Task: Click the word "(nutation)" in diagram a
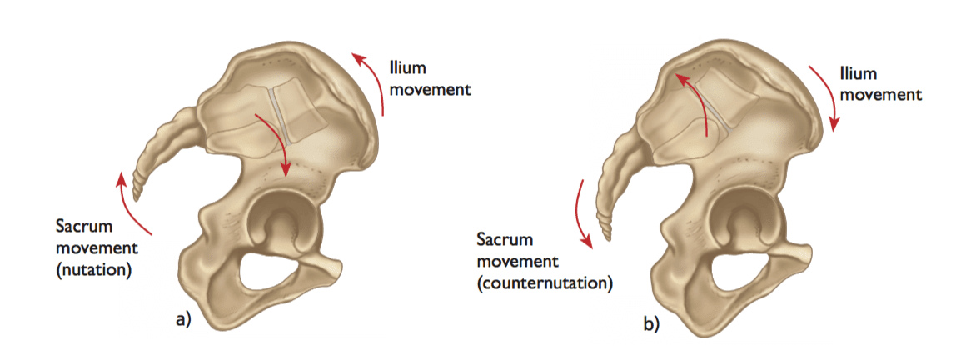tap(93, 269)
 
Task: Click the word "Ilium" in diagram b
tap(858, 73)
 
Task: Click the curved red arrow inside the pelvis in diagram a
tap(275, 142)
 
